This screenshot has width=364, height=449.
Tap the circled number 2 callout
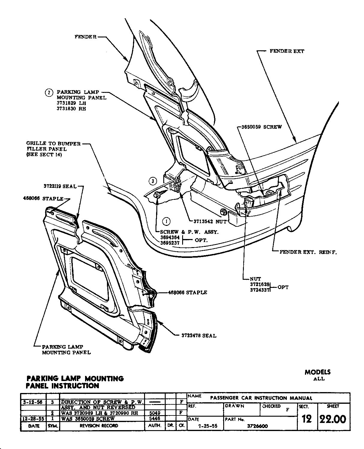pos(49,93)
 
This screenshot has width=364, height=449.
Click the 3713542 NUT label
pos(210,222)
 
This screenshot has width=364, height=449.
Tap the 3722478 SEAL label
pos(199,336)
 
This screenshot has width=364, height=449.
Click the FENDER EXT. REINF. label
pos(308,252)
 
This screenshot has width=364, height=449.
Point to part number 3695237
pos(170,243)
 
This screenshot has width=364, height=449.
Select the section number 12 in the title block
pos(306,419)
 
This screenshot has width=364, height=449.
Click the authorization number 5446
pos(154,419)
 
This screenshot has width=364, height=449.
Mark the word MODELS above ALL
pos(318,372)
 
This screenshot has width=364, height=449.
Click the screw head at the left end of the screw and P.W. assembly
pos(157,195)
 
